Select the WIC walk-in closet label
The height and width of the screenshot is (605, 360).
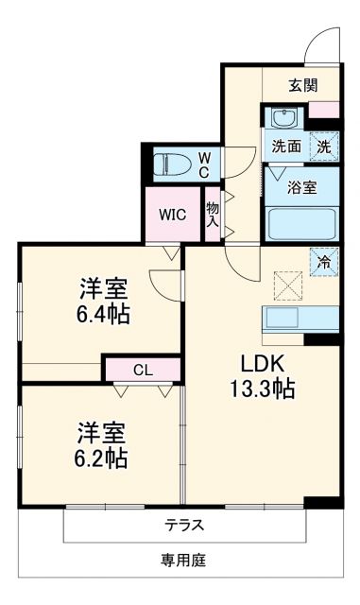(x=172, y=215)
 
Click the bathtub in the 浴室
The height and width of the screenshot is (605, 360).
(x=300, y=224)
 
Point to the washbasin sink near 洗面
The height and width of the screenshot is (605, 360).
(x=282, y=119)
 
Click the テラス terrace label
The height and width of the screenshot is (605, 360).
(x=185, y=525)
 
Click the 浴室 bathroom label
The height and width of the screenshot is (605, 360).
(x=302, y=186)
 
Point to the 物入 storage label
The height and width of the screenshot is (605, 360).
(x=213, y=215)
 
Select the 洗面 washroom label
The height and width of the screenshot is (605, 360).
(x=286, y=146)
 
